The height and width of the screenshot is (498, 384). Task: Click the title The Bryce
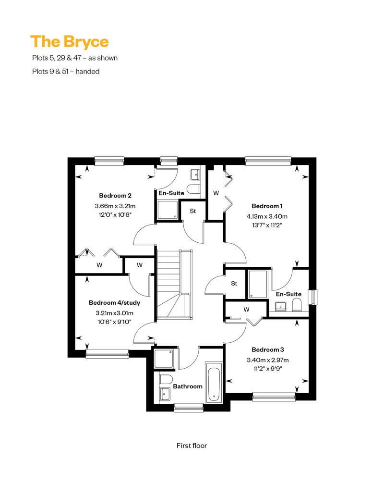(x=70, y=42)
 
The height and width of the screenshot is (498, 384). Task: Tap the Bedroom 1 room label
(x=267, y=206)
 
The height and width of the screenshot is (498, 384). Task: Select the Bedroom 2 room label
(x=115, y=196)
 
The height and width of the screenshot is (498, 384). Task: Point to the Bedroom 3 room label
(x=268, y=349)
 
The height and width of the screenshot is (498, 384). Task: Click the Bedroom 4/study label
(x=114, y=303)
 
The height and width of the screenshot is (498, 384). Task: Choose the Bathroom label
(x=188, y=386)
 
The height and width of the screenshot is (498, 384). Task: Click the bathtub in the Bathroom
(x=214, y=383)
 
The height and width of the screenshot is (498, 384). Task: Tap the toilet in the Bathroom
(x=166, y=379)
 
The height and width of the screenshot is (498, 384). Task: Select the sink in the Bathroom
(x=165, y=394)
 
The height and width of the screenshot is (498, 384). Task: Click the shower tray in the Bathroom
(x=164, y=359)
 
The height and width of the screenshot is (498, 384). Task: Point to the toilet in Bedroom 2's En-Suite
(x=193, y=189)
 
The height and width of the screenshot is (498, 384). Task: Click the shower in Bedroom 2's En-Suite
(x=168, y=210)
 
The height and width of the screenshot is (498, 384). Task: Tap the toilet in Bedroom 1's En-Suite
(x=297, y=305)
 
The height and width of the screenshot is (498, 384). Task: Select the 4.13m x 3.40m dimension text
(x=267, y=217)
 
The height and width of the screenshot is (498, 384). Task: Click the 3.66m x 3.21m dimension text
(x=115, y=206)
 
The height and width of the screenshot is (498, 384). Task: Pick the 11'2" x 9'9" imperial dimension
(x=268, y=369)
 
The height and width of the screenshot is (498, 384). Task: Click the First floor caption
(x=192, y=446)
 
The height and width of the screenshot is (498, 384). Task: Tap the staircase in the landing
(x=174, y=283)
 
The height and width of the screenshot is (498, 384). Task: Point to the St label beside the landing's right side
(x=234, y=284)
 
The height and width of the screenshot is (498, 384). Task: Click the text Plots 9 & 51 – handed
(x=66, y=72)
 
